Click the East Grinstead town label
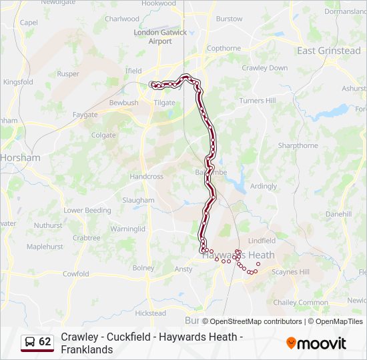pyautogui.click(x=328, y=51)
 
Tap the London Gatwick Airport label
pyautogui.click(x=161, y=37)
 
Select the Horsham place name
pyautogui.click(x=21, y=158)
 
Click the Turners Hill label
pyautogui.click(x=257, y=101)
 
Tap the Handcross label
pyautogui.click(x=146, y=177)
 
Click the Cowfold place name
pyautogui.click(x=75, y=274)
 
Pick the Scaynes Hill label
pyautogui.click(x=291, y=272)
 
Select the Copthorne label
pyautogui.click(x=224, y=48)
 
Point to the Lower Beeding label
pyautogui.click(x=87, y=210)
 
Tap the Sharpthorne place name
pyautogui.click(x=298, y=145)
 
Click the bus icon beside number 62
pyautogui.click(x=29, y=342)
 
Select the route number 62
pyautogui.click(x=45, y=342)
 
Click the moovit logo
pyautogui.click(x=316, y=343)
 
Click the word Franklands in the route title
pyautogui.click(x=87, y=349)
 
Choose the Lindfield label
pyautogui.click(x=262, y=241)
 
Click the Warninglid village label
pyautogui.click(x=127, y=229)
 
